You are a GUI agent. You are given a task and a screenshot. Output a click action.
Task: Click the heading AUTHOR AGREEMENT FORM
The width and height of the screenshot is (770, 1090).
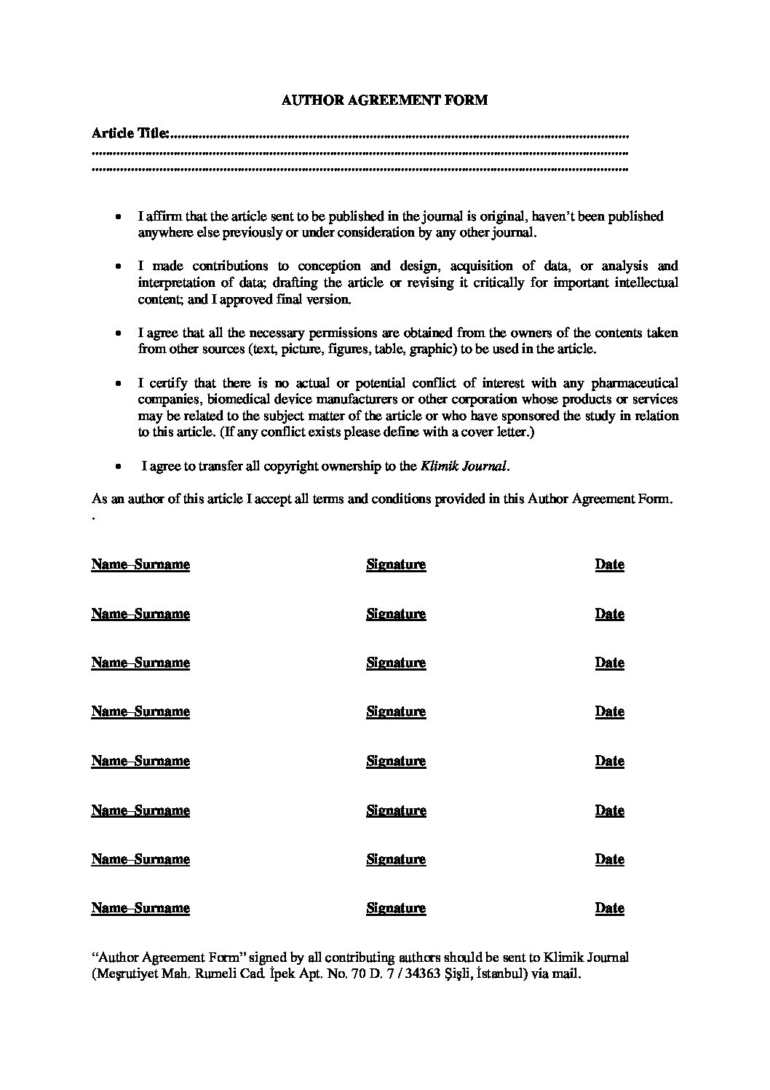pyautogui.click(x=384, y=100)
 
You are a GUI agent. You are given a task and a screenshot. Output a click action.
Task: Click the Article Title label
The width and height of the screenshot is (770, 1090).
pyautogui.click(x=131, y=133)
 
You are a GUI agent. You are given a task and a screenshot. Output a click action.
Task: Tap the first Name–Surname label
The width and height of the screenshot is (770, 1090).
pyautogui.click(x=140, y=564)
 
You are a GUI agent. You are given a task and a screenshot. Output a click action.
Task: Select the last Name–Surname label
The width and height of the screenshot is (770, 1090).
pyautogui.click(x=140, y=908)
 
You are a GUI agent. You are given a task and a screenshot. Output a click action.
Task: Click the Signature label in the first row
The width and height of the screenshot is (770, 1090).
pyautogui.click(x=396, y=564)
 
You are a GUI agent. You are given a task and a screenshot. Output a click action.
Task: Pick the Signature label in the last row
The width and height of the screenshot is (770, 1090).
pyautogui.click(x=396, y=908)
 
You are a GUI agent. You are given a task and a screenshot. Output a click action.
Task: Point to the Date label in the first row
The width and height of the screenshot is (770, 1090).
pyautogui.click(x=609, y=564)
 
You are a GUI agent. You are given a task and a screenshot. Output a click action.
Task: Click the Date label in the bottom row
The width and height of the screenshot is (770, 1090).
pyautogui.click(x=609, y=908)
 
